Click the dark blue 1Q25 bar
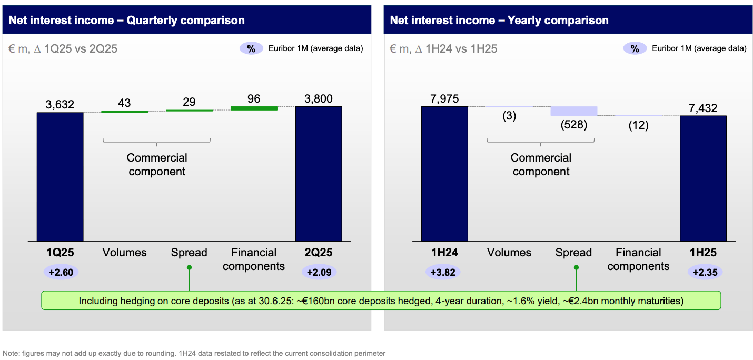[x=60, y=176]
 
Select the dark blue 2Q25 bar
[x=319, y=174]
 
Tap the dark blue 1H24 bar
[x=444, y=174]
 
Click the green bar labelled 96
[x=254, y=108]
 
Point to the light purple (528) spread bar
[x=574, y=111]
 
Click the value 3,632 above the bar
[x=60, y=104]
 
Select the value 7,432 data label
[x=703, y=107]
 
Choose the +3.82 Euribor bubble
[x=443, y=272]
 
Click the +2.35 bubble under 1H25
[x=705, y=272]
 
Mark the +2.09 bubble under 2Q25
[x=319, y=272]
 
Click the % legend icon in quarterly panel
[x=252, y=48]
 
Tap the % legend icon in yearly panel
[x=635, y=48]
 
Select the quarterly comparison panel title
[x=126, y=21]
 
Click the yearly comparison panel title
[x=499, y=21]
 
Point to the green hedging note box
[x=381, y=301]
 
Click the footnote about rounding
[x=194, y=353]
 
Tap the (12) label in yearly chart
[x=638, y=125]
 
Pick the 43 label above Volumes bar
[x=124, y=103]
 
